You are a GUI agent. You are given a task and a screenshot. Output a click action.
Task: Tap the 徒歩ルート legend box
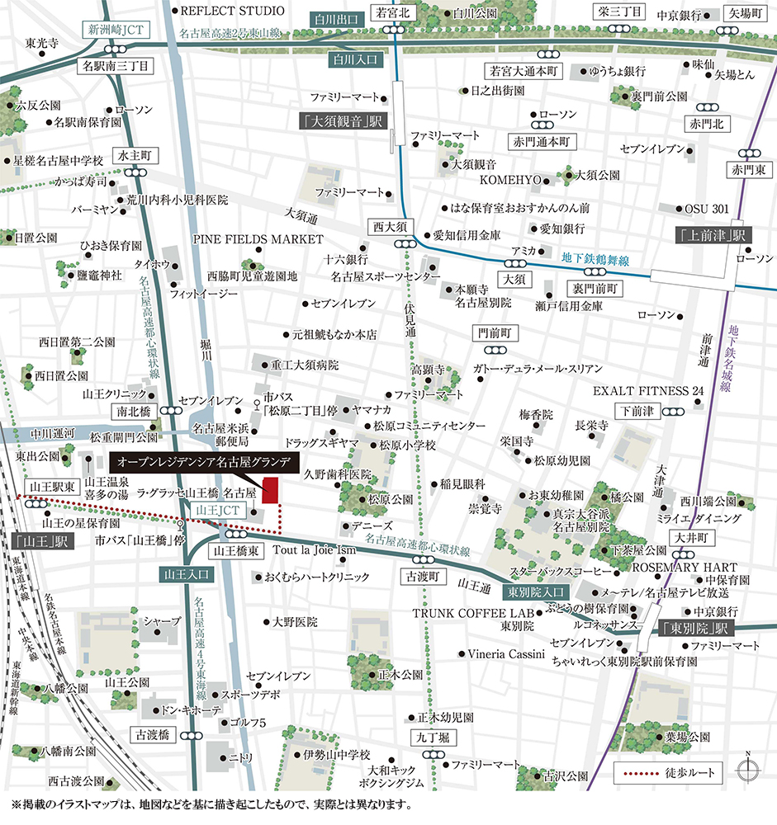(x=669, y=774)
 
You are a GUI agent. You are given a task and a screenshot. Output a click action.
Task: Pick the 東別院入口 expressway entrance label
(x=536, y=591)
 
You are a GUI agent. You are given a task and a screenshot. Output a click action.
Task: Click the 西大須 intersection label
(x=390, y=226)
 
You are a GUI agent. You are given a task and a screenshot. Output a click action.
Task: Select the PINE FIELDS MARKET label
(x=258, y=239)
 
